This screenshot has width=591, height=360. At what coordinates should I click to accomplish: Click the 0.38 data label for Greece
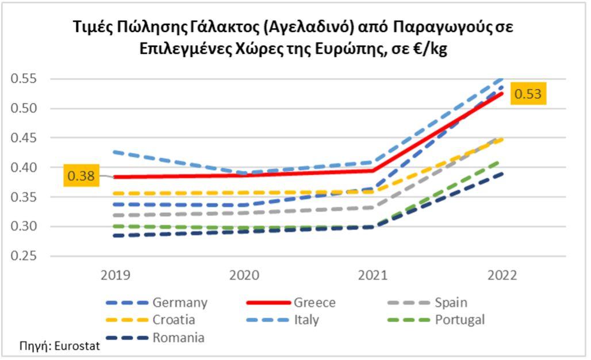[81, 175]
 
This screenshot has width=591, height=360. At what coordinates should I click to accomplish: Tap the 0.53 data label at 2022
[527, 94]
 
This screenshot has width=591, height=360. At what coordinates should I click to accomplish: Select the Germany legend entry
[179, 302]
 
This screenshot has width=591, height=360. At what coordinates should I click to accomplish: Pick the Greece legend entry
[314, 302]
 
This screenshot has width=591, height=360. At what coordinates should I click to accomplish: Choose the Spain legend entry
[451, 302]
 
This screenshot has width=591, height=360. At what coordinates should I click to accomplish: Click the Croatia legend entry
[174, 320]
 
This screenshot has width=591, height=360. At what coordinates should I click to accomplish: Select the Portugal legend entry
[460, 320]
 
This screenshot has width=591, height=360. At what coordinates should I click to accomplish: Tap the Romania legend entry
[178, 338]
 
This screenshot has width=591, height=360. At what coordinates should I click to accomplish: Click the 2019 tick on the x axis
[116, 275]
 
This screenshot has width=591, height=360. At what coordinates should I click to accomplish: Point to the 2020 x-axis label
[244, 275]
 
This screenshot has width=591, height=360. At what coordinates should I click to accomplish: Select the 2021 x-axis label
[373, 275]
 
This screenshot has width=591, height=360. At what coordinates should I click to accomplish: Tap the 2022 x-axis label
[502, 275]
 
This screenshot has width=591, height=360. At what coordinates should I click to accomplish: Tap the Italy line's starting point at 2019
[116, 152]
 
